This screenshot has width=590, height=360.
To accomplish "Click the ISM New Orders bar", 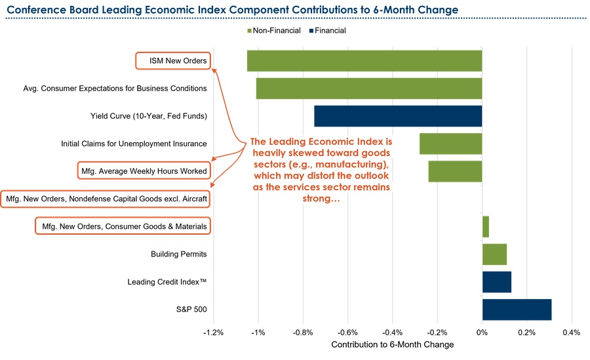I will pos(364,61).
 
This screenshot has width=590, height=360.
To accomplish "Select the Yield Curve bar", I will pos(398,116).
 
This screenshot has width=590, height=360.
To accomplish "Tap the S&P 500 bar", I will pos(517,310).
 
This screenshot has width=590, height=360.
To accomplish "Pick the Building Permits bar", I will pos(494,254).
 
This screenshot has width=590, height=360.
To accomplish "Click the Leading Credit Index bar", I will pos(496,282).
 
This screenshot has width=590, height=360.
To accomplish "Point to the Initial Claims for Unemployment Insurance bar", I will pos(450,144).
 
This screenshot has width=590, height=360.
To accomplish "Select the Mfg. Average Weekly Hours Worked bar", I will pos(455,171).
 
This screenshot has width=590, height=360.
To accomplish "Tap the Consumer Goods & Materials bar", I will pos(485,226).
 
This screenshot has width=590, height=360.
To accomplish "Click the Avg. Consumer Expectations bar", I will pos(368,89).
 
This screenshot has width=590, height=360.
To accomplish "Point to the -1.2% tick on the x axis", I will pos(214,332).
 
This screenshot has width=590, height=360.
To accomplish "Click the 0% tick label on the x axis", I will pos(482,332).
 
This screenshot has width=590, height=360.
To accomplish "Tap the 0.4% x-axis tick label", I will pos(571,332).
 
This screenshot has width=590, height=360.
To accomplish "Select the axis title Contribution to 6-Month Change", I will pos(392,344).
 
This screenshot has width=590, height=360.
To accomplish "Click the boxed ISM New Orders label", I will pos(174,61).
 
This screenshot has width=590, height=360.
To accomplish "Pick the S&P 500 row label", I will pos(192,310).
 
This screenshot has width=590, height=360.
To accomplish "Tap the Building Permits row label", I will pos(179,254).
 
